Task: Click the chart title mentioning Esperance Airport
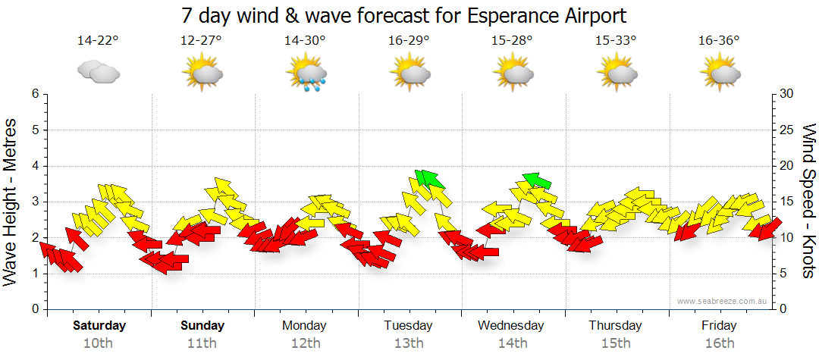pos(404,15)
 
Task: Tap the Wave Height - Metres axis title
pos(11,201)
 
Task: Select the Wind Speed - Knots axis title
pos(808,201)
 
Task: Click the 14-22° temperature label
pos(98,40)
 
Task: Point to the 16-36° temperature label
pos(719,40)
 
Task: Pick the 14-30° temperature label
pos(305,40)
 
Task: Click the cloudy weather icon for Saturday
pos(98,73)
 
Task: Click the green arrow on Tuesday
pos(429,179)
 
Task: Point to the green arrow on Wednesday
pos(536,180)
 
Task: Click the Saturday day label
pos(99,326)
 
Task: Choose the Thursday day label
pos(615,326)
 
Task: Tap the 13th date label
pos(408,343)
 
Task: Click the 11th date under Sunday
pos(202,343)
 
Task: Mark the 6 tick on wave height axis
pos(35,94)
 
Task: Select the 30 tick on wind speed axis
pos(786,94)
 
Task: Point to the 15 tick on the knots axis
pos(786,202)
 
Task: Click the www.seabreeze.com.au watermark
pos(723,301)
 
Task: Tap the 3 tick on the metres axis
pos(35,202)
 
